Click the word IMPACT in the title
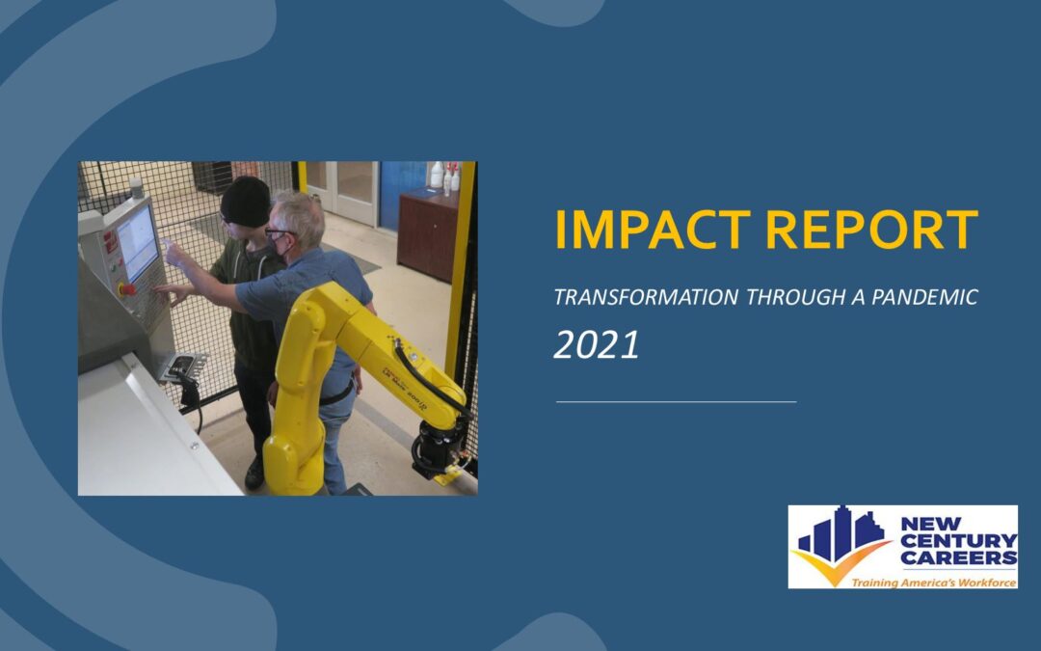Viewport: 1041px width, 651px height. pos(653,230)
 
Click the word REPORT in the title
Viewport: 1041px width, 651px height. pos(871,230)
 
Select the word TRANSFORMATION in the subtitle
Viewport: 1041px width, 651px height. pos(646,297)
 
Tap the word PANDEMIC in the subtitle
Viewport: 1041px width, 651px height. pos(924,297)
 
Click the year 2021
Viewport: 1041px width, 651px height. pos(597,344)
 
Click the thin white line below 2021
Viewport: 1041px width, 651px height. pos(676,402)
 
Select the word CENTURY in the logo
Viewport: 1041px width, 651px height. pos(959,540)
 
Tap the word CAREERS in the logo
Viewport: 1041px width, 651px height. pos(959,557)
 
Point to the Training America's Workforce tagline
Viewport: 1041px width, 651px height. pos(933,583)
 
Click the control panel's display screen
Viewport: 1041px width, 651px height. pos(138,244)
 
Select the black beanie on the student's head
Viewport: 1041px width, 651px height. pos(246,202)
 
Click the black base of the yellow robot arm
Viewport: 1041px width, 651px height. pos(439,448)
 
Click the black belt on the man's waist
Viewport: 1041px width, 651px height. pos(336,396)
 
